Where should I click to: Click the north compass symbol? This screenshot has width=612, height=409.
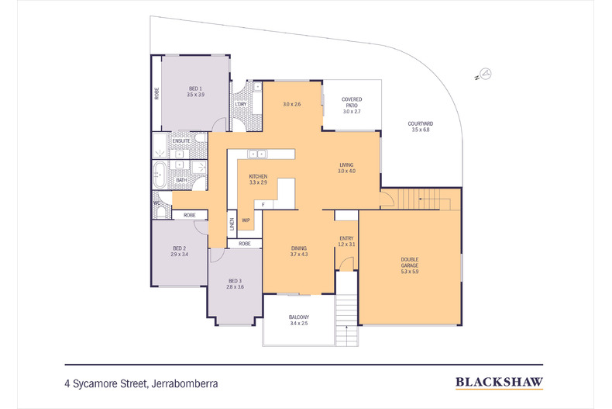pyautogui.click(x=483, y=74)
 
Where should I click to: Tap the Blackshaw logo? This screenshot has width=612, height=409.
pyautogui.click(x=499, y=382)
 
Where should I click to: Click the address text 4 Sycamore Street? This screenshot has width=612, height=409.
pyautogui.click(x=105, y=384)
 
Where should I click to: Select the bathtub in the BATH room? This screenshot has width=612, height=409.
pyautogui.click(x=160, y=175)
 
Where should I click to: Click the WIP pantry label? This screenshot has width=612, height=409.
pyautogui.click(x=246, y=220)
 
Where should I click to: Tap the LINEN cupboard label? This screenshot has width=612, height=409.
pyautogui.click(x=232, y=224)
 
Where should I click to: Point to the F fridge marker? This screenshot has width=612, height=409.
pyautogui.click(x=263, y=205)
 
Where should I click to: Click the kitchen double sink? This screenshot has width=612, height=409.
pyautogui.click(x=257, y=154)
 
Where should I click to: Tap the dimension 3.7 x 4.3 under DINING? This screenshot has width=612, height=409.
pyautogui.click(x=299, y=254)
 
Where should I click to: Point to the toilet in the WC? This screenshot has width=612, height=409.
pyautogui.click(x=161, y=211)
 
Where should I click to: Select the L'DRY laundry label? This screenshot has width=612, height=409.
pyautogui.click(x=241, y=105)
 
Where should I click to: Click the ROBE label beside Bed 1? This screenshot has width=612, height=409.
pyautogui.click(x=156, y=93)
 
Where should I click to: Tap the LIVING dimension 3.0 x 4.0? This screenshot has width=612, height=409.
pyautogui.click(x=346, y=171)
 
